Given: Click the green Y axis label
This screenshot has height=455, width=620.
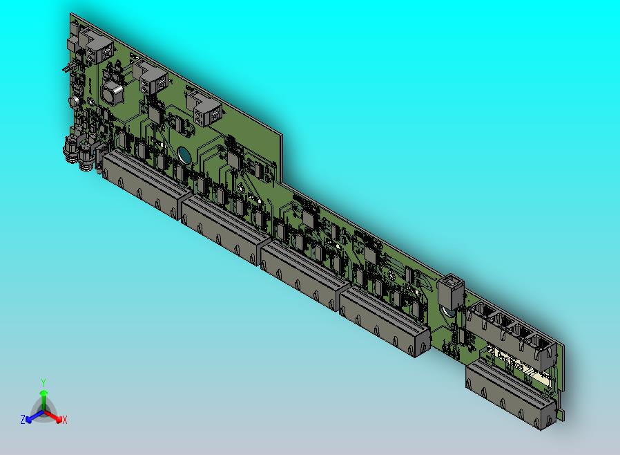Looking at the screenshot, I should pos(43,382).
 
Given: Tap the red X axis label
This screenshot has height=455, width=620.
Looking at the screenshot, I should pos(64,420).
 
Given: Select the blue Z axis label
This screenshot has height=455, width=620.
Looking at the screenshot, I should pos(23,419).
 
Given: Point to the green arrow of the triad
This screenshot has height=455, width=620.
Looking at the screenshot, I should pos(43,397).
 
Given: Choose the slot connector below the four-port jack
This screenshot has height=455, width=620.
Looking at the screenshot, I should pos(512,394).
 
